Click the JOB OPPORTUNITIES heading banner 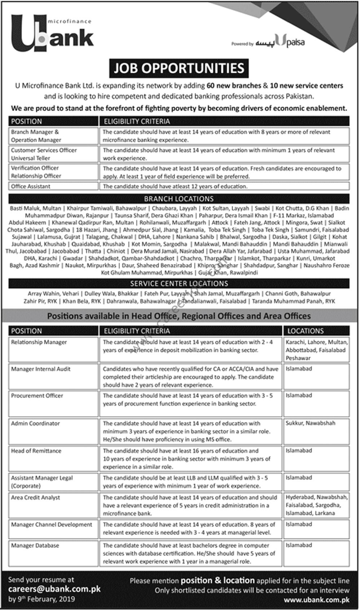(x=179, y=68)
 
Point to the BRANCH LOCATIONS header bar (x=179, y=199)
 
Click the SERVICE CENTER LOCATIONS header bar (x=179, y=283)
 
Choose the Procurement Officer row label (x=37, y=396)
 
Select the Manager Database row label (x=35, y=546)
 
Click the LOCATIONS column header (x=305, y=331)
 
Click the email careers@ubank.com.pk (x=54, y=589)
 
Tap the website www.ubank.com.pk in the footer (x=316, y=600)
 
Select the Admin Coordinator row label (x=35, y=424)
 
